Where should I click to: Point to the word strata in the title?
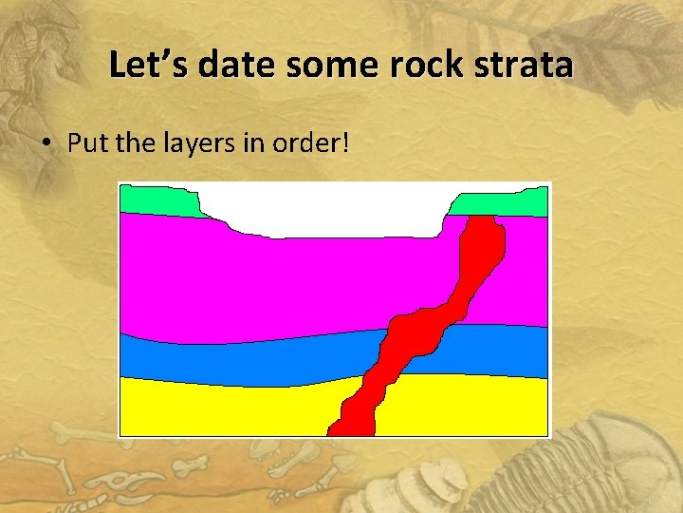(526, 66)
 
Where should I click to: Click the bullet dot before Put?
(46, 143)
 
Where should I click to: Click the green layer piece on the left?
(157, 200)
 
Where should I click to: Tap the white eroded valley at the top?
(323, 209)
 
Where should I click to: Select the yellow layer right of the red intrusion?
(465, 404)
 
